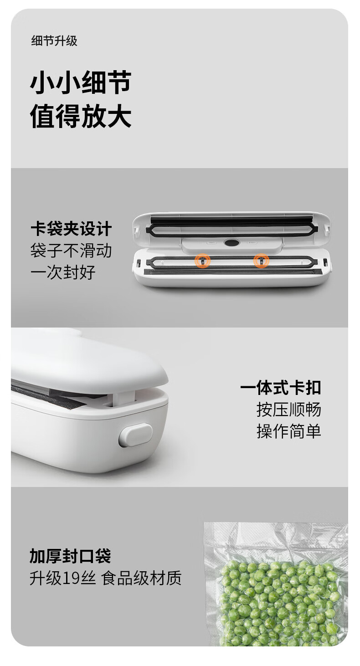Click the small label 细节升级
click(x=54, y=41)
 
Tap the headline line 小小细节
click(x=81, y=82)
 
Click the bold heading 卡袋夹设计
click(x=71, y=229)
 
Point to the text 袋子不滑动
click(x=71, y=251)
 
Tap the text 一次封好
click(x=63, y=272)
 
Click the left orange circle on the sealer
click(x=202, y=261)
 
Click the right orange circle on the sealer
click(x=261, y=261)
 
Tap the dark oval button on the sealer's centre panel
click(x=232, y=243)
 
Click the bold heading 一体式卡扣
click(x=281, y=388)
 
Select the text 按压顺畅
click(x=289, y=410)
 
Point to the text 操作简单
click(x=289, y=431)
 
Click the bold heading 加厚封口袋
click(x=70, y=556)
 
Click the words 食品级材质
click(x=141, y=578)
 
